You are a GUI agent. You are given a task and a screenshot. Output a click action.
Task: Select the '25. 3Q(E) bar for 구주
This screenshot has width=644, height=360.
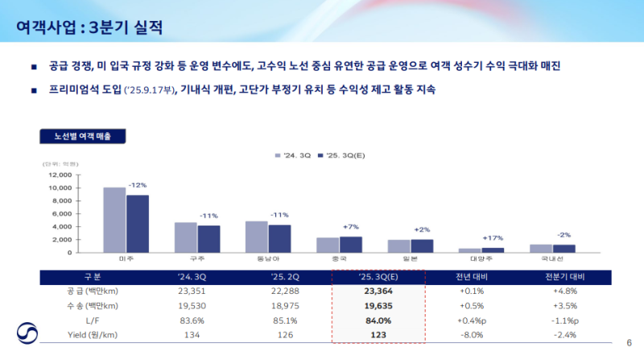[x=208, y=238]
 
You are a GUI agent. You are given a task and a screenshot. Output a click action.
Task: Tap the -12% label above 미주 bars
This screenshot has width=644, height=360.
[x=137, y=185]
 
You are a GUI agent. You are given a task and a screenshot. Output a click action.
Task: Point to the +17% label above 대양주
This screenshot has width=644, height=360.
[x=493, y=238]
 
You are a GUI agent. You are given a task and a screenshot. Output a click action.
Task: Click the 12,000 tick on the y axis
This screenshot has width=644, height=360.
[x=60, y=175]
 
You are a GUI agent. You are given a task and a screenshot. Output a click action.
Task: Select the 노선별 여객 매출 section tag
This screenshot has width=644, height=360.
[x=82, y=136]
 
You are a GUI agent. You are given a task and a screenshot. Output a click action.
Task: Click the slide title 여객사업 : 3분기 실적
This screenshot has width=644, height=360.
[x=90, y=29]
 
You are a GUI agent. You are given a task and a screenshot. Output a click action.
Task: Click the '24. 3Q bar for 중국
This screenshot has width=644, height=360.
[x=327, y=245]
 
